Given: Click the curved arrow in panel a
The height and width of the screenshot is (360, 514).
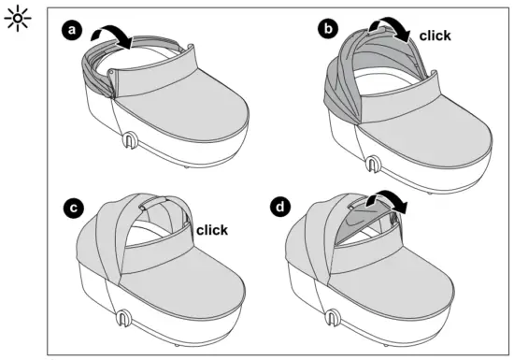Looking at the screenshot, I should (119, 35).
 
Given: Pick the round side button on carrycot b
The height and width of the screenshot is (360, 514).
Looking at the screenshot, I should (374, 164).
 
